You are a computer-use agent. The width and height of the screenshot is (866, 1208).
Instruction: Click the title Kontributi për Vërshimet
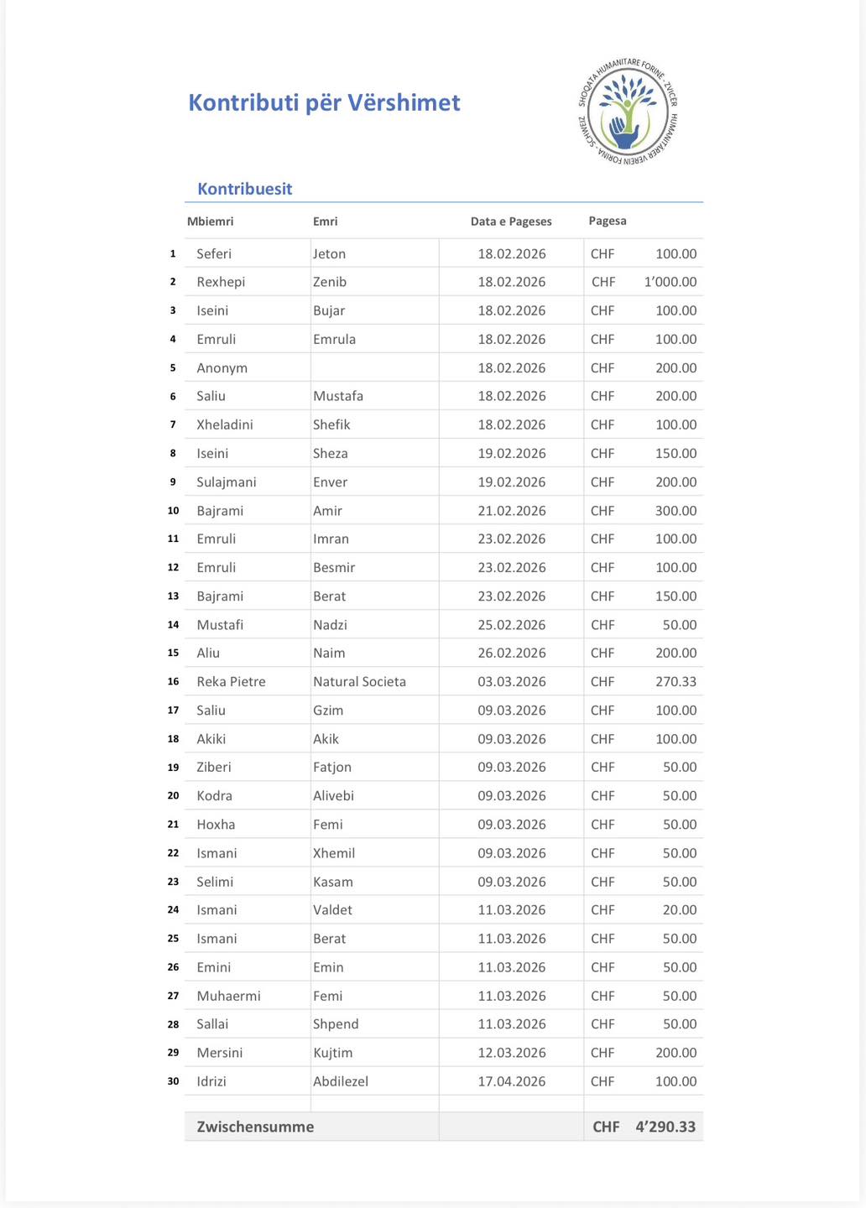(x=324, y=102)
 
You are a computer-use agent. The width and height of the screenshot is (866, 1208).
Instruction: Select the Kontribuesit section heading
(x=244, y=189)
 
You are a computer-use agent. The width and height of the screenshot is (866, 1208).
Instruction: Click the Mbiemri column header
(x=210, y=221)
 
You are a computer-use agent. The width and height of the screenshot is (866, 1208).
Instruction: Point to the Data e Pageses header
(x=511, y=221)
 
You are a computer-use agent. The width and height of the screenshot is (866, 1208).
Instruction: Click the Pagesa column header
(x=608, y=221)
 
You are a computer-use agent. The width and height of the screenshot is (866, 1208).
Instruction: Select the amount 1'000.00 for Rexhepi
(x=670, y=282)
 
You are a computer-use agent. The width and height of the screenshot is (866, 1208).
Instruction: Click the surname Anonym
(x=222, y=367)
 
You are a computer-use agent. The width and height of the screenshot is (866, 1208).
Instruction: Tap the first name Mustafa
(x=338, y=396)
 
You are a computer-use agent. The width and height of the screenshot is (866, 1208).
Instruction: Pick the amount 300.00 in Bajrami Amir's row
(x=676, y=510)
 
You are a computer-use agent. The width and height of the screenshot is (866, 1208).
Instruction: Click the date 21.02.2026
(x=512, y=510)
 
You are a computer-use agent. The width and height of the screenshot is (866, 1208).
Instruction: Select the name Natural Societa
(x=359, y=681)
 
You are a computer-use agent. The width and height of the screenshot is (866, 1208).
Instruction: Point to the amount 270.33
(x=676, y=681)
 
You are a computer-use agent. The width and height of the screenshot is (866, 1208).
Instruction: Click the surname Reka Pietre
(x=231, y=681)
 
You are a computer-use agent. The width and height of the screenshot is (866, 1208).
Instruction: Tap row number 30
(x=173, y=1081)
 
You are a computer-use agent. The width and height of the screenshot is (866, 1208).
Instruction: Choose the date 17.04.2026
(x=512, y=1081)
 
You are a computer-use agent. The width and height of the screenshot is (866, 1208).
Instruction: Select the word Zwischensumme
(x=255, y=1127)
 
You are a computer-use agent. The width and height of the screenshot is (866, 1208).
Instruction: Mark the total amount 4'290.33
(x=665, y=1127)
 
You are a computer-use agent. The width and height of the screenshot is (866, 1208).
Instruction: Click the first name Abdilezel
(x=341, y=1081)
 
